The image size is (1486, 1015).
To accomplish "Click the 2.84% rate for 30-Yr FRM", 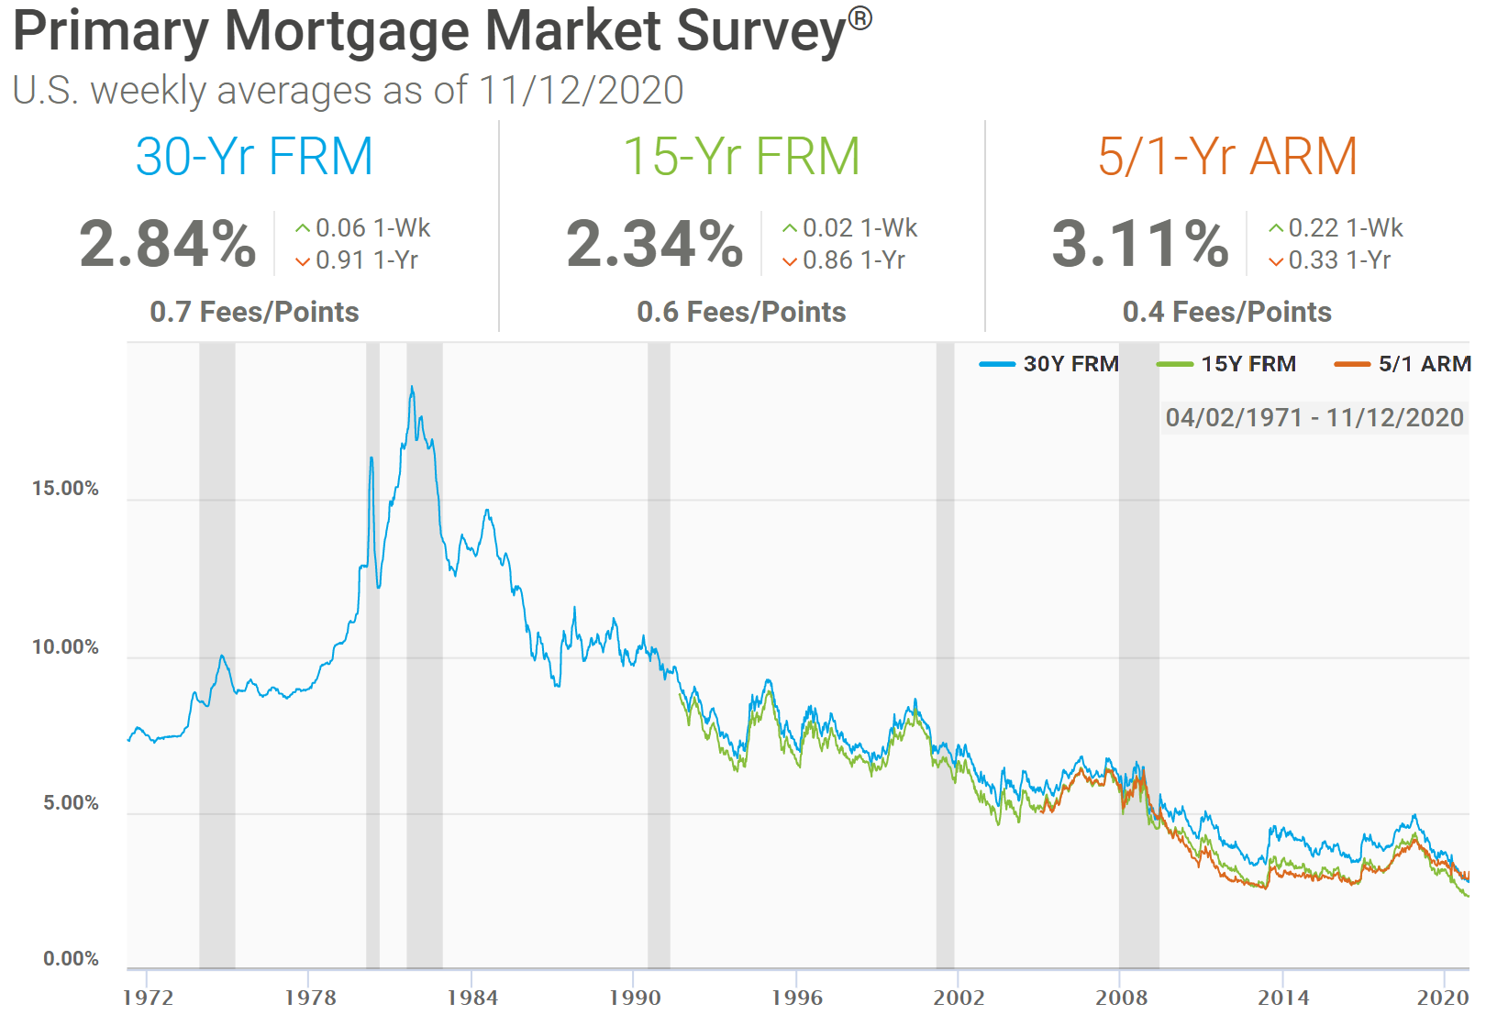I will pos(168,244).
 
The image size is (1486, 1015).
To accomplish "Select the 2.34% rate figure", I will pos(654,244).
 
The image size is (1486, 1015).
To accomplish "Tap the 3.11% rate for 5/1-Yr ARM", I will pos(1140,244).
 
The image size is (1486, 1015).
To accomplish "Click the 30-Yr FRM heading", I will pos(254,157).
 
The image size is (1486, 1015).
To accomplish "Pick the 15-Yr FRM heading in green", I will pos(741,157).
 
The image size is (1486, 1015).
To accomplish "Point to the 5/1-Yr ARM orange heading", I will pos(1227,157).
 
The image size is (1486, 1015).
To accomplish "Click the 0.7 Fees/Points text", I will pos(254,312).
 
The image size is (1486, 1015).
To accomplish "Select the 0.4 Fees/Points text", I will pos(1226,312).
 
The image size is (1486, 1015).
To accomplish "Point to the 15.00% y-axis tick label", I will pos(65,489).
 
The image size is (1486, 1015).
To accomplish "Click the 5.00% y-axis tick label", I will pos(71,803).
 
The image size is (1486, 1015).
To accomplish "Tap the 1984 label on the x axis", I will pos(472,998).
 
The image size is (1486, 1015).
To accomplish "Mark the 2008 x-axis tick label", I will pos(1121,998).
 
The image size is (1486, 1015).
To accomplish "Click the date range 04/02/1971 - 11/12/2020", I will pos(1314,418).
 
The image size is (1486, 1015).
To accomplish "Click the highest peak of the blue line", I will pos(412,388).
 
